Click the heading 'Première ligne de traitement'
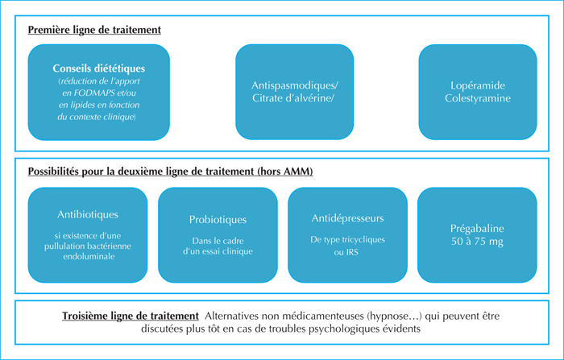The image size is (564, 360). click(94, 30)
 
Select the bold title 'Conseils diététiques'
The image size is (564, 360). click(99, 68)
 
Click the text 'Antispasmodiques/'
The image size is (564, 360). click(295, 85)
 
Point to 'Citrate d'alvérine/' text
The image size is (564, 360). click(293, 98)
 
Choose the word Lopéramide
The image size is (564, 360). click(478, 85)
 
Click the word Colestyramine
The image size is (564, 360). click(478, 98)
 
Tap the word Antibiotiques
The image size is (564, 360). click(88, 214)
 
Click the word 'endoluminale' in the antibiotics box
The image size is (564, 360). click(89, 256)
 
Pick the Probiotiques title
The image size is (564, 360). click(218, 220)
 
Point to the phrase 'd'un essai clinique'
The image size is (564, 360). click(218, 251)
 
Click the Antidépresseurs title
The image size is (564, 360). click(347, 218)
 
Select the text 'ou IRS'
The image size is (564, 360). click(346, 252)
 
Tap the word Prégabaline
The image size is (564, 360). click(477, 229)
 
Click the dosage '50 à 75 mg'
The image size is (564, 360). click(477, 242)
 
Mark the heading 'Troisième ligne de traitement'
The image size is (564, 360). click(131, 317)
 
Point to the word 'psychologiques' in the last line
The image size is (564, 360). click(346, 329)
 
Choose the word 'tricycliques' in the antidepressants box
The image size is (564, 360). click(363, 240)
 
